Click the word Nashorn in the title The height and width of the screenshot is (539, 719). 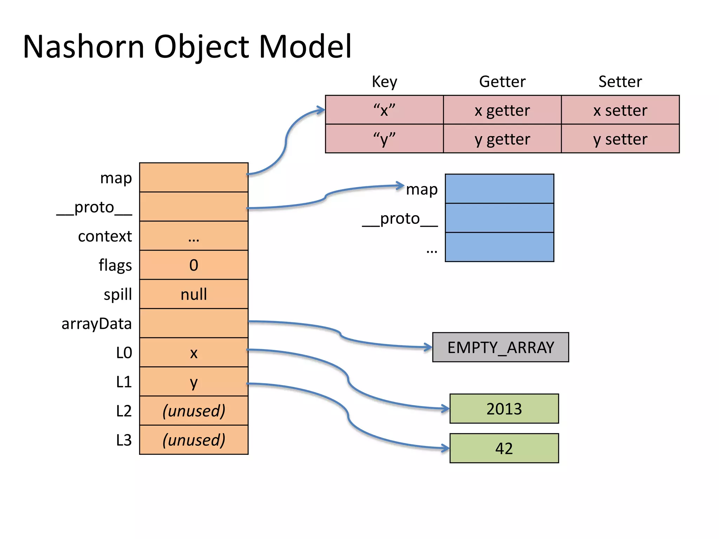click(84, 46)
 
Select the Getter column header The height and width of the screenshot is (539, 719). click(502, 81)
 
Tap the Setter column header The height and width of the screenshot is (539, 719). click(620, 81)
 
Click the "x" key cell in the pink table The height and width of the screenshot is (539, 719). click(384, 110)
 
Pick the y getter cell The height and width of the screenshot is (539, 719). click(502, 139)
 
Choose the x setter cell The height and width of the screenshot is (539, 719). click(620, 110)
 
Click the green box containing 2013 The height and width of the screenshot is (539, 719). click(504, 409)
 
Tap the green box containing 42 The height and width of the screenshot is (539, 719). click(504, 448)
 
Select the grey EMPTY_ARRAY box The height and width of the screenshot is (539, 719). click(500, 347)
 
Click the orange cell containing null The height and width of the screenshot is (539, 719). click(194, 294)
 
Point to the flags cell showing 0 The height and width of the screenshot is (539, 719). click(194, 265)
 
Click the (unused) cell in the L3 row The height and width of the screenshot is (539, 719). click(194, 440)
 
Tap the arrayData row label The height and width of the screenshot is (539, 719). click(97, 324)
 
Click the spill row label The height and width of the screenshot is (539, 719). click(118, 294)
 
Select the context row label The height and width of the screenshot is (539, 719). click(105, 236)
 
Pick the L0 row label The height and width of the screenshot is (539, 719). click(124, 353)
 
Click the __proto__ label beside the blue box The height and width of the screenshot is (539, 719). click(400, 219)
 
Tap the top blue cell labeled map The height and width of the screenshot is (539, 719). click(499, 189)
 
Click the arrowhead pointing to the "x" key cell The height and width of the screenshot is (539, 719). click(321, 110)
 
